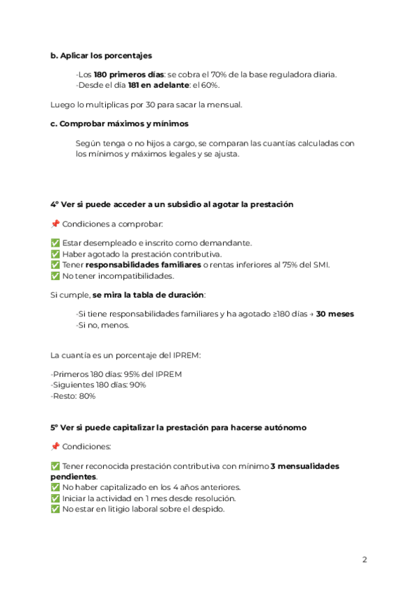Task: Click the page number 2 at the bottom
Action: click(364, 560)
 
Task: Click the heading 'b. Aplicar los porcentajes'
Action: click(101, 55)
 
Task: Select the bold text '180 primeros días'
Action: click(129, 75)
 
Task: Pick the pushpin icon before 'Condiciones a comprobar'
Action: click(55, 224)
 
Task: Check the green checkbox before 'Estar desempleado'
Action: click(55, 243)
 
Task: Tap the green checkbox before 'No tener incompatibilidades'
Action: click(55, 275)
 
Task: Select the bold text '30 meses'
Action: click(335, 314)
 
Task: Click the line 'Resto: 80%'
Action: click(73, 396)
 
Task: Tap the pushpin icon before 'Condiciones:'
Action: click(55, 446)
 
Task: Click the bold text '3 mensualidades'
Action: click(305, 466)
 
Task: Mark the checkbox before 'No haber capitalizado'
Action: click(55, 487)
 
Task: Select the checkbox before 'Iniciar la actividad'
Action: click(55, 498)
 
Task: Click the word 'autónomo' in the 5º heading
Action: click(281, 427)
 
